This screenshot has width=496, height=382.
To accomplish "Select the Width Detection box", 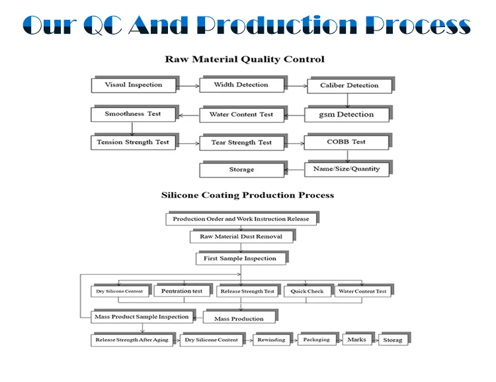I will click(x=241, y=85).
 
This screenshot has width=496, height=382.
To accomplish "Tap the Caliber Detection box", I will click(x=349, y=85).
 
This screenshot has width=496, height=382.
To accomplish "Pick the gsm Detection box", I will click(x=346, y=115).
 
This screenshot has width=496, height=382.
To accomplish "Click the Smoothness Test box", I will click(x=132, y=114).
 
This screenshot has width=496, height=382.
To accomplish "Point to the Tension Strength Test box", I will click(x=132, y=142).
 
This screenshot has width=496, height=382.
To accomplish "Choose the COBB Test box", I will click(x=345, y=142).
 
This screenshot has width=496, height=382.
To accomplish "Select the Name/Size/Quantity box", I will click(x=346, y=169).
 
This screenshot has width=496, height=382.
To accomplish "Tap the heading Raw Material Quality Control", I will click(x=244, y=60).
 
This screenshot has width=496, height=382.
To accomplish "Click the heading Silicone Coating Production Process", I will click(x=247, y=195).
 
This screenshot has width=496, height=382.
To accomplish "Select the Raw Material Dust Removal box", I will click(x=241, y=236).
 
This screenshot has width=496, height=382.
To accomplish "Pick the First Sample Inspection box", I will click(x=239, y=258).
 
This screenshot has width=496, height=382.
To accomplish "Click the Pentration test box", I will click(x=181, y=291).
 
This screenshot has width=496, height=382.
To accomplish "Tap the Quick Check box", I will click(x=307, y=291).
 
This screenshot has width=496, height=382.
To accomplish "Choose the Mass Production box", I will click(x=238, y=318).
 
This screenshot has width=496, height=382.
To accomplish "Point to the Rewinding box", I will click(x=271, y=340).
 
